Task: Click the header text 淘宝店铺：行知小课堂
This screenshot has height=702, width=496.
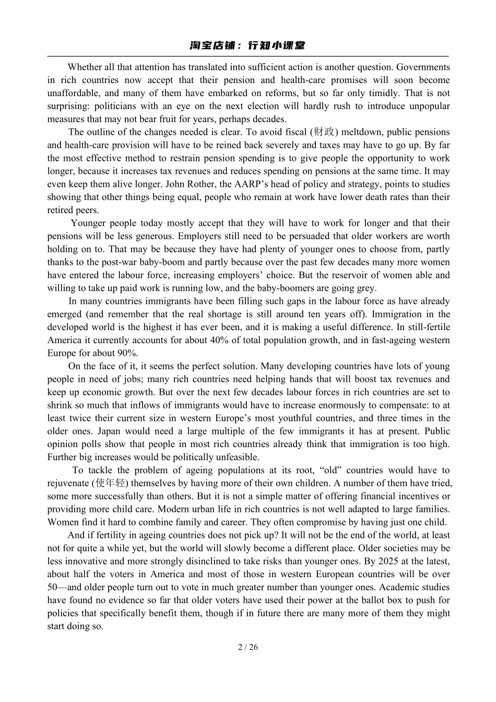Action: tap(247, 45)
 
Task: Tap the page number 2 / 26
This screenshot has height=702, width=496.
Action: tap(248, 647)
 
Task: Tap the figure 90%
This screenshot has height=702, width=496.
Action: tap(127, 353)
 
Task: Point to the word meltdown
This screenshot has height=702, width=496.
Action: tap(362, 132)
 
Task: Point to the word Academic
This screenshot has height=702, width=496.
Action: tap(403, 587)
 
